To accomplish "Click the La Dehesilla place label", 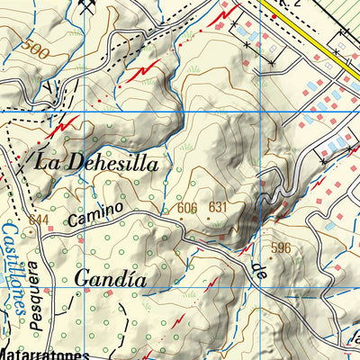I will (x=96, y=163).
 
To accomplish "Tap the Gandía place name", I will (x=110, y=278).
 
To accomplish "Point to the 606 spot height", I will (x=187, y=209).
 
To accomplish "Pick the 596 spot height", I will (x=282, y=247).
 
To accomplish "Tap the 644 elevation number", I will (x=38, y=220).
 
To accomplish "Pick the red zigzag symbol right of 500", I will (x=147, y=69).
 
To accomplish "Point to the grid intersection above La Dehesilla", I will (x=80, y=110).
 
